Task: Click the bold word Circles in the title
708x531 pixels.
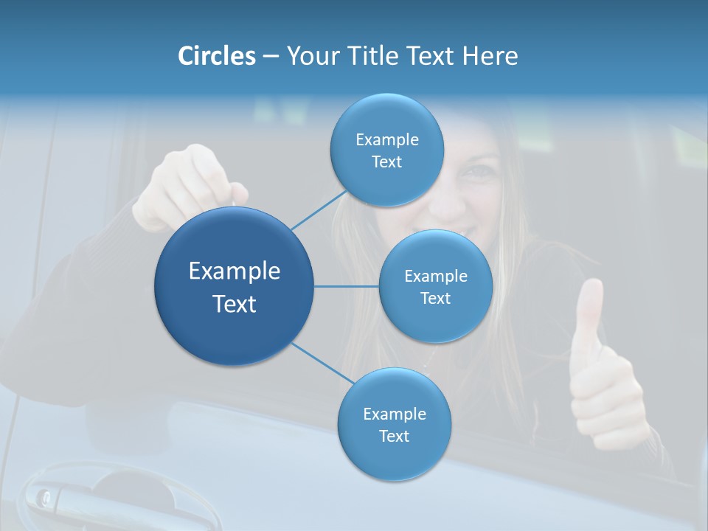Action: tap(216, 56)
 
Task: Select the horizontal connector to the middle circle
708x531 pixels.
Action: tap(347, 286)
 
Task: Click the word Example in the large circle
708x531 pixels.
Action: tap(235, 271)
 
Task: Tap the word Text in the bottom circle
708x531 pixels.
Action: tap(394, 436)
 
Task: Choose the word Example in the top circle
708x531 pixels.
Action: tap(386, 139)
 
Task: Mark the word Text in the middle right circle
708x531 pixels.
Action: tap(435, 298)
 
